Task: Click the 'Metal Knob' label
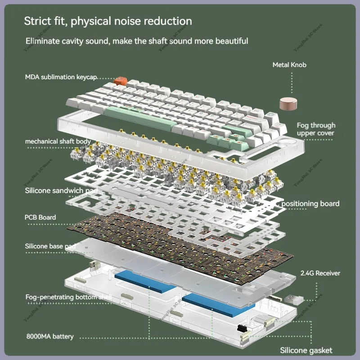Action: [289, 65]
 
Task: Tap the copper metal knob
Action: [287, 104]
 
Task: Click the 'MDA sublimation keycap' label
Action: [61, 77]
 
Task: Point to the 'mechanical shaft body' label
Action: [58, 141]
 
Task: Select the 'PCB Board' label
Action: [40, 217]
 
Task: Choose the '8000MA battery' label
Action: [49, 337]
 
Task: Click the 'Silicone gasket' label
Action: [306, 350]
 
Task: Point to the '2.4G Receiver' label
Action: [320, 273]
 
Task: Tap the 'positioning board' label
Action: [310, 204]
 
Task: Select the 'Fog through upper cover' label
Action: [316, 129]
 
